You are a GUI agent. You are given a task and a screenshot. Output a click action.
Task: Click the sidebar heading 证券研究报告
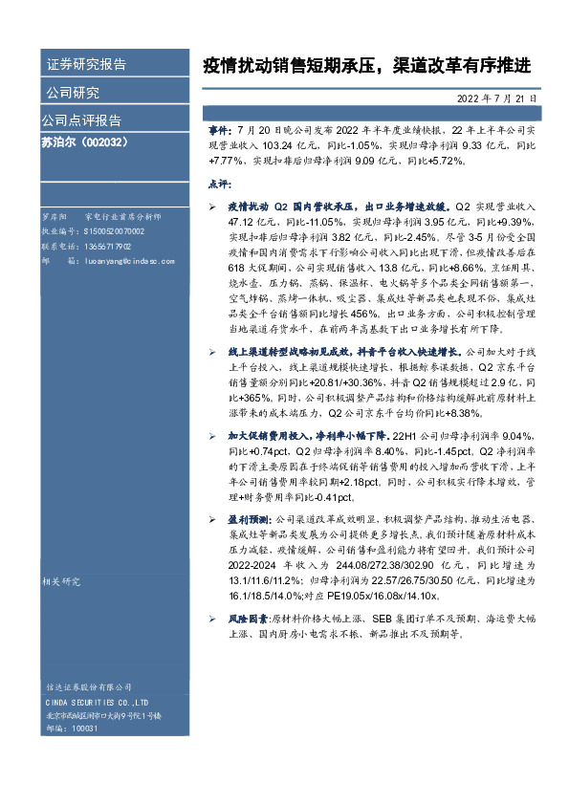tap(86, 65)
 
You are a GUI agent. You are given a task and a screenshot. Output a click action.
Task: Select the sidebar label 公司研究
tap(73, 93)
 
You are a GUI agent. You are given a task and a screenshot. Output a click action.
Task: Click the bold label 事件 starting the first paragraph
tap(219, 129)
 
